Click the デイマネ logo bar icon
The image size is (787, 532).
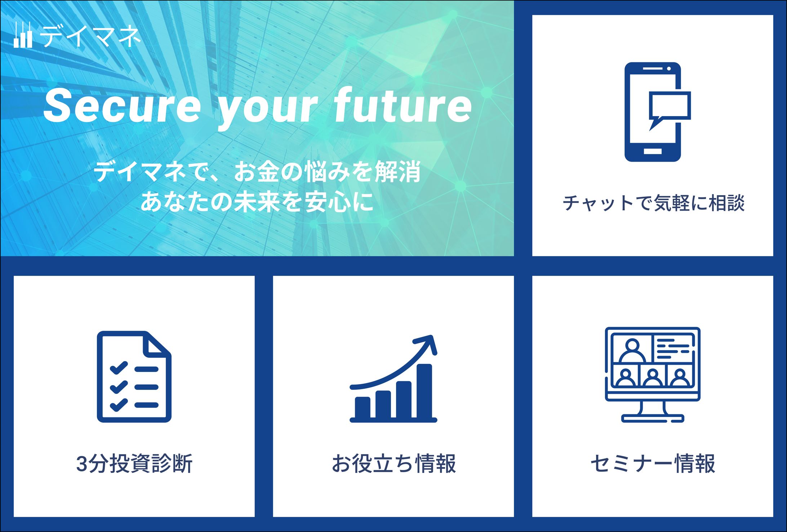coord(23,35)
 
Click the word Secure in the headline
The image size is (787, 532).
coord(122,106)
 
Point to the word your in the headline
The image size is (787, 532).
coord(267,110)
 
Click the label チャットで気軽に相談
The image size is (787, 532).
coord(653,203)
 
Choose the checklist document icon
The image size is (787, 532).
coord(134,377)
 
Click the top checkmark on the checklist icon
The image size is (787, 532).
coord(119,368)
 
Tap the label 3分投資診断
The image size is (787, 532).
coord(134,463)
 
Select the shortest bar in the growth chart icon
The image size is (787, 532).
coord(363,408)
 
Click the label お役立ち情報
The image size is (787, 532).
coord(394,463)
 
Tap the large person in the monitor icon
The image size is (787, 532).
coord(632,350)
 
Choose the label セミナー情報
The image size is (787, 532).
coord(653,463)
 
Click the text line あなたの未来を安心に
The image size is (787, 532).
coord(257,201)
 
